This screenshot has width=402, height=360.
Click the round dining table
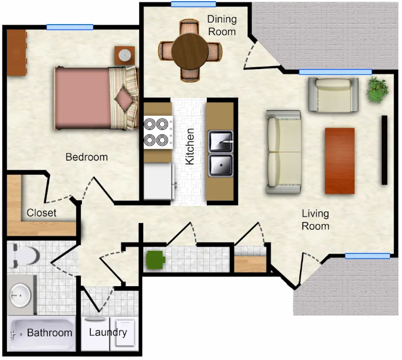190,51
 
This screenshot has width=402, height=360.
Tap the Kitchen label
190,146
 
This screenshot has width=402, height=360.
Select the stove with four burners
158,132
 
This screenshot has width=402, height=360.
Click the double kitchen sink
220,153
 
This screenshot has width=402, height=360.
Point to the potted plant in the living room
378,89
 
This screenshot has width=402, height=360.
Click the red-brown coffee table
340,161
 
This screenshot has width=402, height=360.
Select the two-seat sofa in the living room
284,152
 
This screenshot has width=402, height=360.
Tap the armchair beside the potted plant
333,95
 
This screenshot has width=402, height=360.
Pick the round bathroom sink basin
20,295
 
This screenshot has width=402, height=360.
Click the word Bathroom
50,333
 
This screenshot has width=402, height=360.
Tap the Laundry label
108,332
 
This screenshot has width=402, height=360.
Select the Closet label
41,212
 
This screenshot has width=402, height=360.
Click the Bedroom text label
87,157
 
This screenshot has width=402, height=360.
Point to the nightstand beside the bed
124,55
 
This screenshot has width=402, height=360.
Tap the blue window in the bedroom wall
70,27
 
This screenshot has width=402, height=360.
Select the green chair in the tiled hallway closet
155,260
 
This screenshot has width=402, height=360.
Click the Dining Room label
222,25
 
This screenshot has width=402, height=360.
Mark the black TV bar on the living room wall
384,150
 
